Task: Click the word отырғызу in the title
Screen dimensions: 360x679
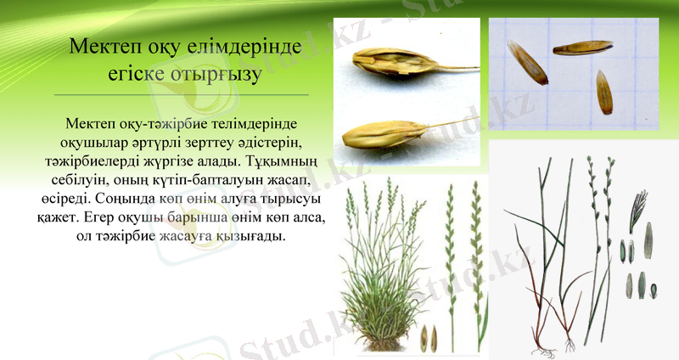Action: click(x=219, y=75)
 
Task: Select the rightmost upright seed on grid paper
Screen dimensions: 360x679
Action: click(x=603, y=93)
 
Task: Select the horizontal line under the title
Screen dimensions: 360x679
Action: click(x=181, y=94)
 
